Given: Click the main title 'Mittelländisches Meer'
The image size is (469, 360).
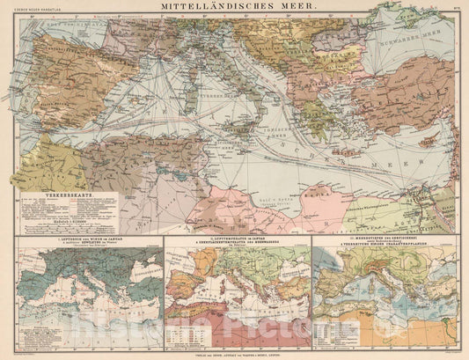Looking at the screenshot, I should (x=234, y=7).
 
